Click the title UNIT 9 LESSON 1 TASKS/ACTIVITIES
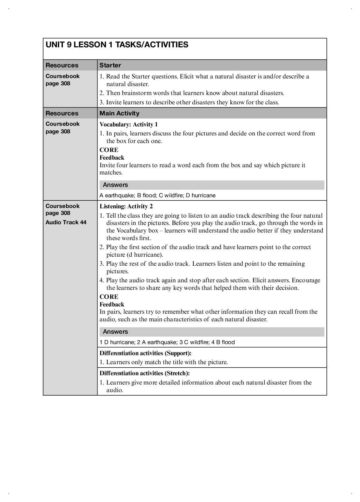[117, 45]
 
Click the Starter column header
[110, 65]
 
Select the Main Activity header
[120, 113]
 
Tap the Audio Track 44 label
[66, 222]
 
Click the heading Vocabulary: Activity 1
[129, 124]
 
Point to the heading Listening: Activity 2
[126, 207]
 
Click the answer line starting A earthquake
[157, 196]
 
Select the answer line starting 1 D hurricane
[167, 342]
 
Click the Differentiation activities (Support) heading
[145, 353]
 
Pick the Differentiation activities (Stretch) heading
[144, 373]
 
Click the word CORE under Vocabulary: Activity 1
[109, 150]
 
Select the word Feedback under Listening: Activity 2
[112, 304]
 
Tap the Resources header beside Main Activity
[62, 113]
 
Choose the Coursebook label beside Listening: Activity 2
[63, 206]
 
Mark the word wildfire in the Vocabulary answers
[173, 196]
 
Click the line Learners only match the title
[167, 362]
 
